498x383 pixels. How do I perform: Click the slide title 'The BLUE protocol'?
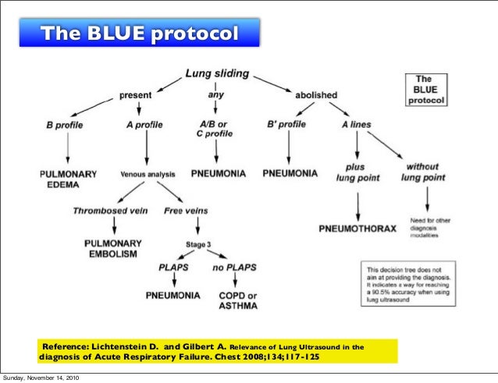150,34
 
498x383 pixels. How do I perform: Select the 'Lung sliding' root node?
217,74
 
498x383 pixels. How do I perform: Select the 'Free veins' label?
185,210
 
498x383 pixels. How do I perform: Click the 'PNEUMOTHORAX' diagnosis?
357,229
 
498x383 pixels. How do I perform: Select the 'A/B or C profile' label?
212,128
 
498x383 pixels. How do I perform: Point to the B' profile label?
287,123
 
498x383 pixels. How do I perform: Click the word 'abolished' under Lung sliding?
315,95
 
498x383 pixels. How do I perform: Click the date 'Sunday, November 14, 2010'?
40,378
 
